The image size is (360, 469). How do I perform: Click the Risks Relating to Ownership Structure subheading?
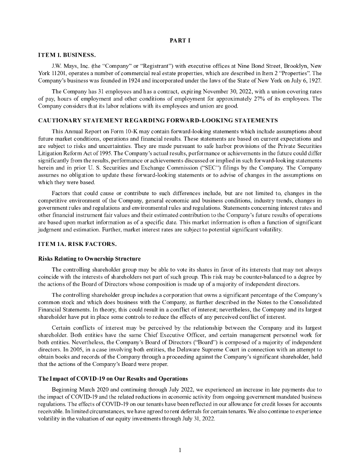click(89, 260)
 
